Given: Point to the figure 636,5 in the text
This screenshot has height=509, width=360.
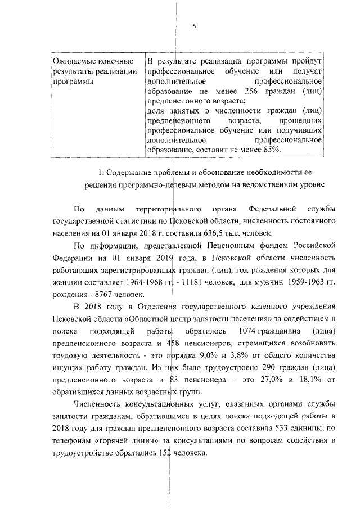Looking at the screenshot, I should tap(212, 232).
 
